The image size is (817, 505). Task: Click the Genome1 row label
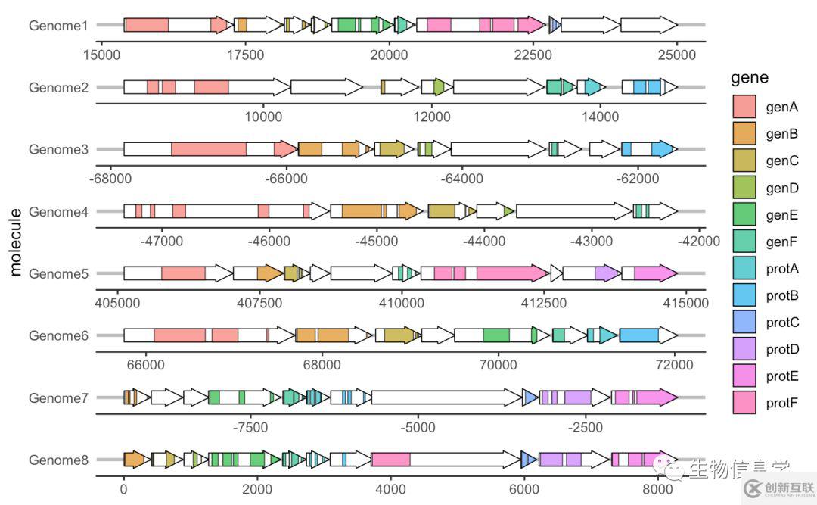point(58,26)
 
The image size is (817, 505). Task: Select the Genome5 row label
point(58,273)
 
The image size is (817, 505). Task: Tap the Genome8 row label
point(58,460)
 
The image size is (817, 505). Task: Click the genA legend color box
point(744,107)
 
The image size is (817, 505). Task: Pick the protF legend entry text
point(782,402)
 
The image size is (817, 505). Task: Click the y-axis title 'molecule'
point(17,242)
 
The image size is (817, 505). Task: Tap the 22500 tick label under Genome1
point(533,55)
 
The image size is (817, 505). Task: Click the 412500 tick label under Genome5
point(544,303)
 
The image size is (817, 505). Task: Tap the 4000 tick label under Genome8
point(390,489)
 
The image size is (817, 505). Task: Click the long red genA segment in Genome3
point(209,149)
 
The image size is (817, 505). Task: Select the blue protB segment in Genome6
point(638,335)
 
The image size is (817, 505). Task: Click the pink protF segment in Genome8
point(391,460)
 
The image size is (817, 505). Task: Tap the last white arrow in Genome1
point(648,26)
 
